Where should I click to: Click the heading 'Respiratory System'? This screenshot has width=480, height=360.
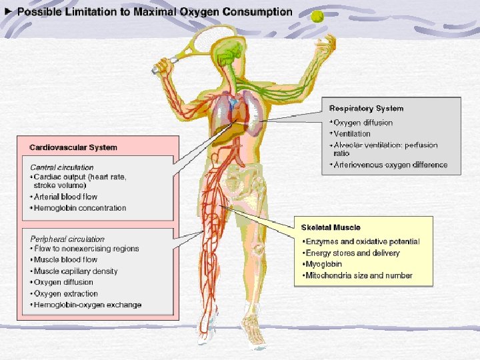[367, 108]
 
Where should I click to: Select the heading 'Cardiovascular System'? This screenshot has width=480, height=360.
[73, 147]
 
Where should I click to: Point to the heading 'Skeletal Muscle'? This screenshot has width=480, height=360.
[331, 227]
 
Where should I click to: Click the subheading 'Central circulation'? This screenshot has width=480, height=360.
[62, 167]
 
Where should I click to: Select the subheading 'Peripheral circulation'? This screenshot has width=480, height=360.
[67, 238]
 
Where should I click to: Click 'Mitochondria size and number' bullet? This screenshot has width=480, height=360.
[359, 275]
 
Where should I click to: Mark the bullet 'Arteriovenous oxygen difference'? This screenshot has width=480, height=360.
[390, 165]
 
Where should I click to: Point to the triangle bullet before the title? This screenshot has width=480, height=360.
[8, 12]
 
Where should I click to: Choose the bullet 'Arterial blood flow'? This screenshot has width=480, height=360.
[66, 197]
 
